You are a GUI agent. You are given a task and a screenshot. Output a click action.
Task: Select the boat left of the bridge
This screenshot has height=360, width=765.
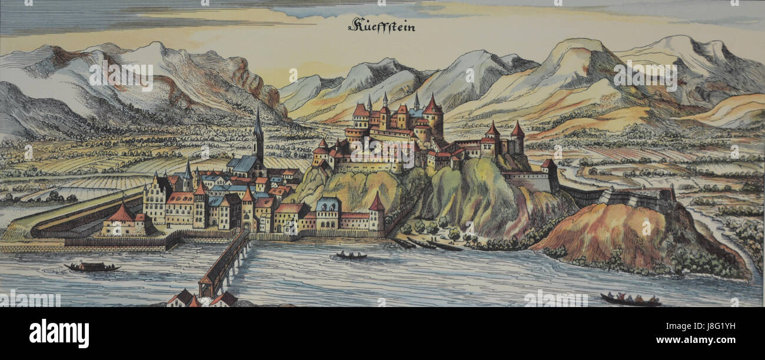(x=92, y=267)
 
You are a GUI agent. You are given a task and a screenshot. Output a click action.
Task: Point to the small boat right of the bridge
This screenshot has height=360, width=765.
(x=351, y=256)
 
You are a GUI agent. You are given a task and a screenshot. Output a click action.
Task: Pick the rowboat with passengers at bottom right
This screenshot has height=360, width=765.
(x=630, y=300)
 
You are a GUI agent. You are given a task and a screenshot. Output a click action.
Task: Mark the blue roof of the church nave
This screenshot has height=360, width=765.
(x=244, y=164)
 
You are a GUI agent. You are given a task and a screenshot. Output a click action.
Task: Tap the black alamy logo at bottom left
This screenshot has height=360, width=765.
(x=59, y=334)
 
